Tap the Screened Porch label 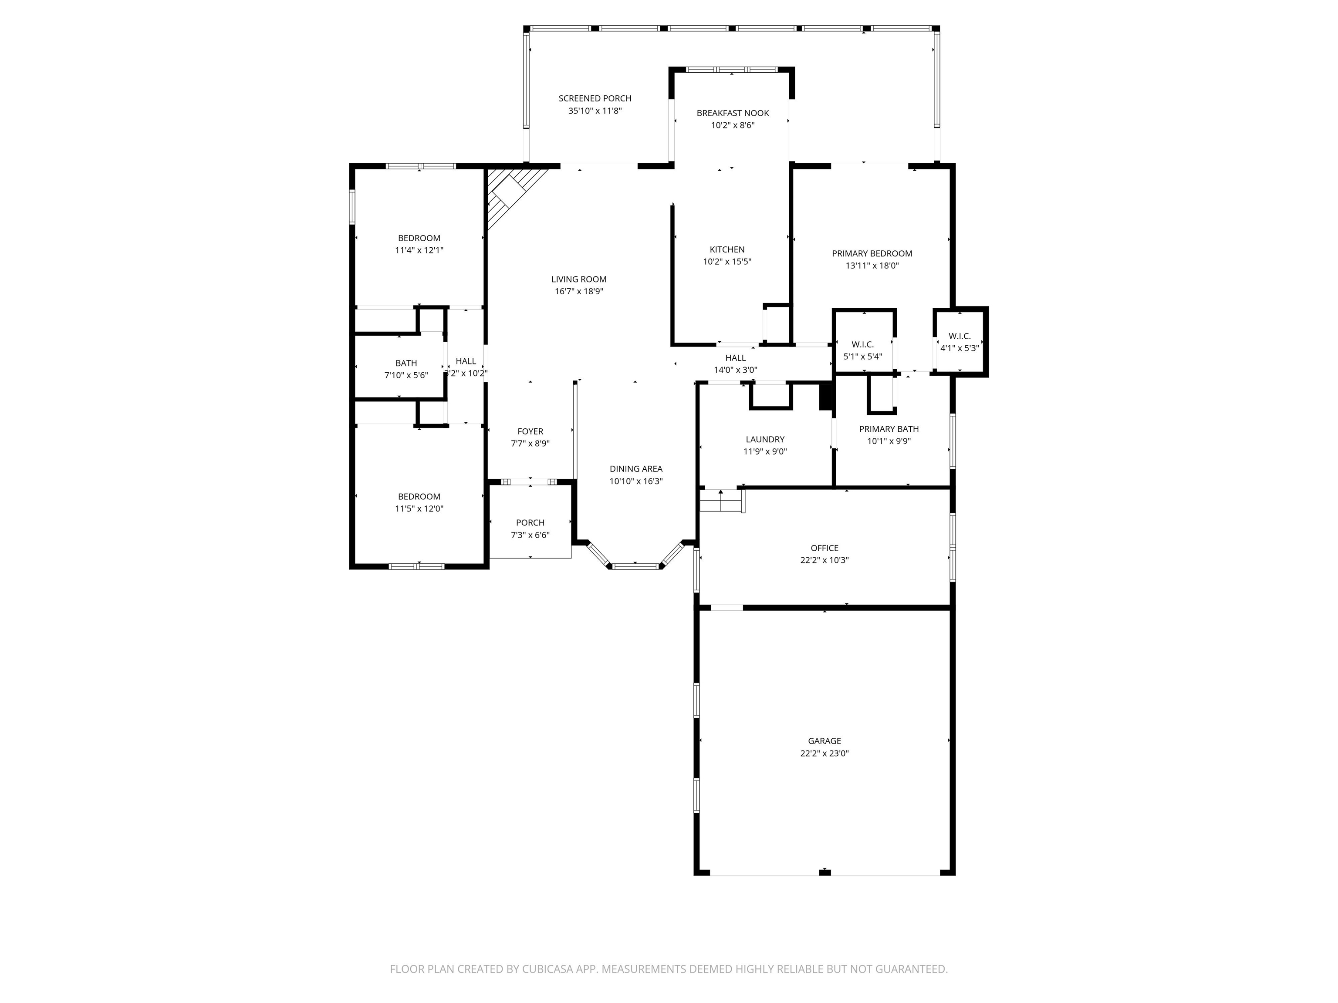click(x=595, y=98)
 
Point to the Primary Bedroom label click(x=872, y=254)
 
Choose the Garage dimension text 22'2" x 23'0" click(x=824, y=753)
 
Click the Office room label click(x=824, y=548)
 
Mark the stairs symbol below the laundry click(x=721, y=501)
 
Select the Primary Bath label click(x=888, y=429)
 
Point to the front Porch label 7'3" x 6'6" click(x=530, y=523)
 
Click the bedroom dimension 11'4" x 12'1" click(x=419, y=250)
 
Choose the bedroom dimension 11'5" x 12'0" click(x=419, y=509)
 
